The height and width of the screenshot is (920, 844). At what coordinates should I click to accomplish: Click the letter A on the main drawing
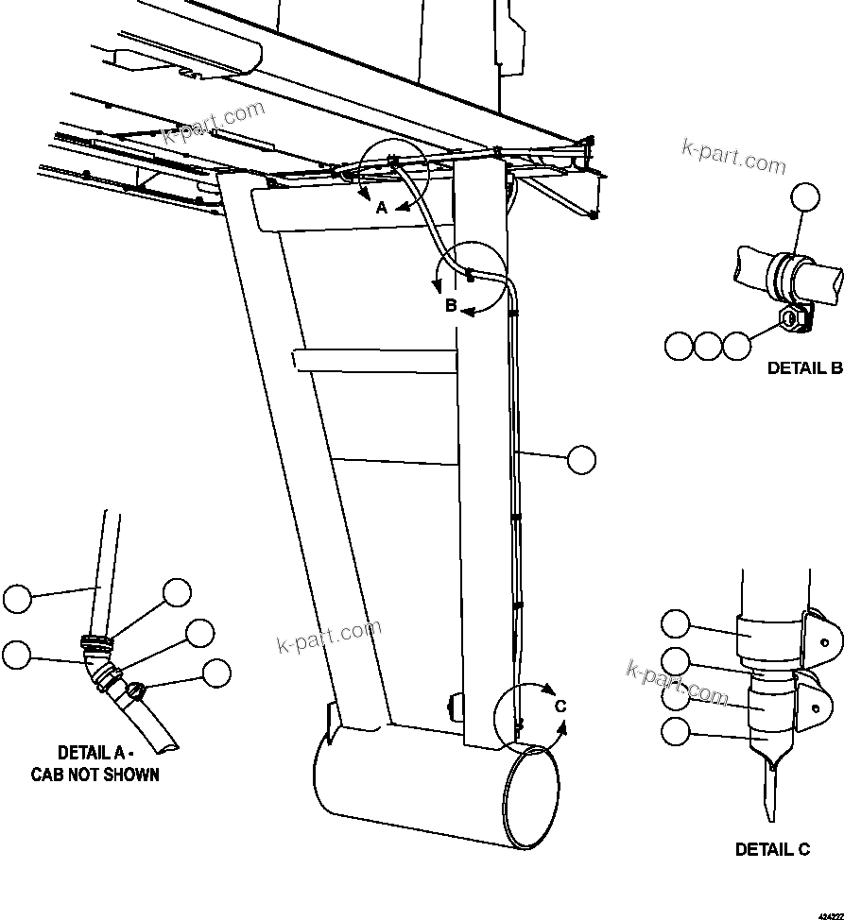382,208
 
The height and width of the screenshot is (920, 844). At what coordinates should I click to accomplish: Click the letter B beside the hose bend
452,305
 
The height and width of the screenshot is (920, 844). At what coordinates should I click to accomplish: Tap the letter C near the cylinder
560,706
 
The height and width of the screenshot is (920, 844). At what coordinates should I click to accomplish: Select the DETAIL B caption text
804,368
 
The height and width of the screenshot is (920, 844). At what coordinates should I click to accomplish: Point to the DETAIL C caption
772,849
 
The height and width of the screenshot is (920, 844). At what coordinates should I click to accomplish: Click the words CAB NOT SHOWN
95,775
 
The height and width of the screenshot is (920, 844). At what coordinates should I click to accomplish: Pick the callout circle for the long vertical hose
582,460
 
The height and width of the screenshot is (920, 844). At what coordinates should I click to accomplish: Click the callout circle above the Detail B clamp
805,197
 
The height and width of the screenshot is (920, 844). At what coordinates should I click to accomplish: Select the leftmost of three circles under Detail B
678,346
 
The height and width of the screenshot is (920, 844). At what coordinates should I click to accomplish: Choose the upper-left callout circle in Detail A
17,598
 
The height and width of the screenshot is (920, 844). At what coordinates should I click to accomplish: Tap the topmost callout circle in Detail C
675,623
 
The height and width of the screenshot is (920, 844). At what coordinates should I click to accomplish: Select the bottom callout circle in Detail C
675,730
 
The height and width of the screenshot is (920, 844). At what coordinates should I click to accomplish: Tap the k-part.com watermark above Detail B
733,158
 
